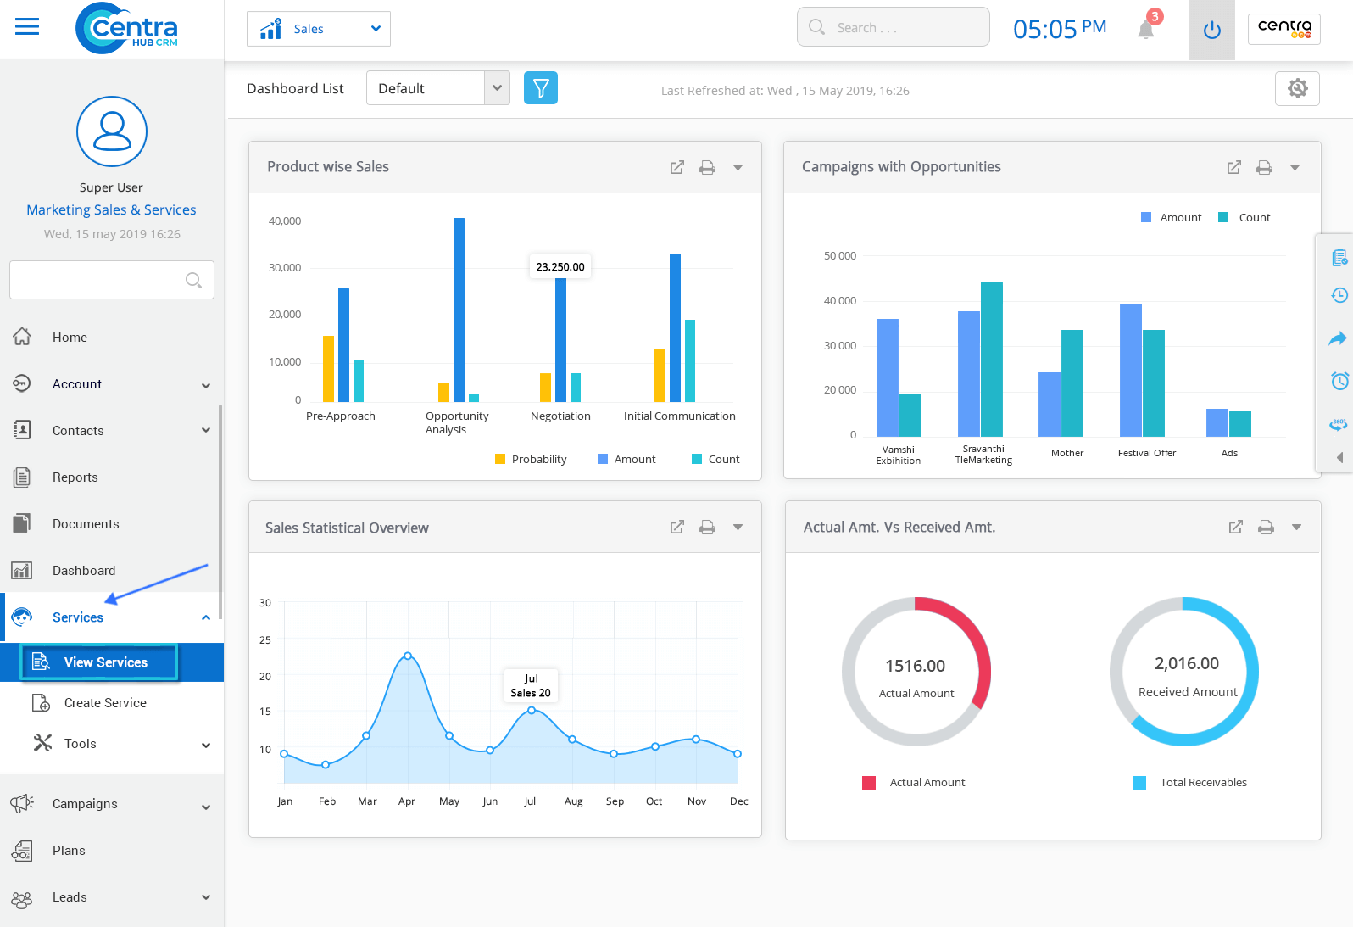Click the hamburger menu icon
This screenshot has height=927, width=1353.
tap(27, 27)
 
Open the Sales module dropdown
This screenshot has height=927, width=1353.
tap(319, 29)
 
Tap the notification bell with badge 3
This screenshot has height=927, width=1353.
tap(1146, 29)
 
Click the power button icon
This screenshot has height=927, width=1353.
tap(1211, 31)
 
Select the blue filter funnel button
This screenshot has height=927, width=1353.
tap(541, 88)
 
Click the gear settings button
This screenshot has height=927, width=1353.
tap(1297, 88)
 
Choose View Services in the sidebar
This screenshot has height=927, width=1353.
tap(105, 662)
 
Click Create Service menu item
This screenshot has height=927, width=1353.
tap(105, 703)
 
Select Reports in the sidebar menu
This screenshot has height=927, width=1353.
tap(75, 477)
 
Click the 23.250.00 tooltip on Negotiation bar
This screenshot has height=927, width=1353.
tap(560, 266)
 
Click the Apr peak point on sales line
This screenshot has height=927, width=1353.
tap(408, 656)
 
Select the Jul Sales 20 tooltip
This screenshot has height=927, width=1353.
tap(531, 685)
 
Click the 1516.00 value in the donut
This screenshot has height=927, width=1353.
tap(915, 666)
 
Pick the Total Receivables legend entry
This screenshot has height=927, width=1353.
tap(1202, 782)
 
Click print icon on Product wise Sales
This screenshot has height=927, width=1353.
tap(707, 167)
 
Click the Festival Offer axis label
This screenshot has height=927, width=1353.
tap(1146, 453)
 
